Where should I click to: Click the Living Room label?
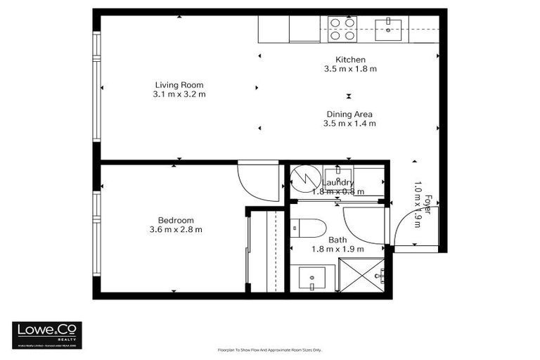179,85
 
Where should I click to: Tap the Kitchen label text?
349,60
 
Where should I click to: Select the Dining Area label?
349,115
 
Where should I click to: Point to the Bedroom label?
175,220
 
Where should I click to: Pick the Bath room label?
337,240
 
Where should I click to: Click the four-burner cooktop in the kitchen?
342,29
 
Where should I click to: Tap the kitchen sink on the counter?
387,27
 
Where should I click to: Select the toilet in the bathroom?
309,228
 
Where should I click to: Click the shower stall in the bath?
362,275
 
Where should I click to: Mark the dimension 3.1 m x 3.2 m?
179,94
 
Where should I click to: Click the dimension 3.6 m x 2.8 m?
175,229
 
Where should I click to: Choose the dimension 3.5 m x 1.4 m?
349,124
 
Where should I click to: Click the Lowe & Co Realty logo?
46,335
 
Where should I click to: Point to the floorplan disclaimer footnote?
269,349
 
